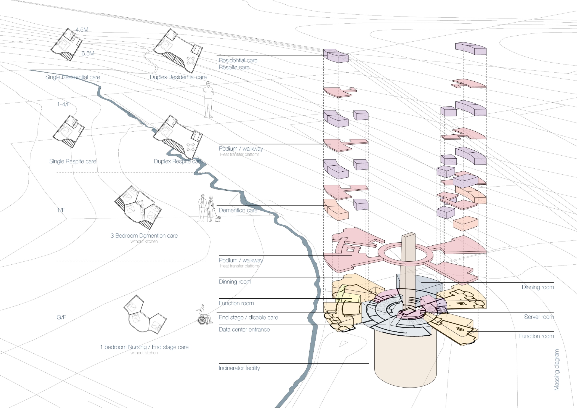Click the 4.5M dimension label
(82, 30)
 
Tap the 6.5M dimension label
(88, 53)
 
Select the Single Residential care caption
(73, 77)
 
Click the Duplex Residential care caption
(178, 77)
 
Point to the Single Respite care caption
(73, 161)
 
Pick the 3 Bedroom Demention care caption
(144, 236)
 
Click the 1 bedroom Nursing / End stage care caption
(144, 347)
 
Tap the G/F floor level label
(61, 317)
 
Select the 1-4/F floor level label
(64, 104)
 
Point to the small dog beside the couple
(218, 219)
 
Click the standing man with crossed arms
(208, 100)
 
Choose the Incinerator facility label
(239, 368)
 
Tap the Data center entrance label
(244, 330)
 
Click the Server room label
(539, 317)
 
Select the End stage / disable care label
(248, 317)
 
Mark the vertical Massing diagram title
(557, 370)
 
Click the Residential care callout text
(238, 60)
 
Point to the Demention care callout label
(238, 210)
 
